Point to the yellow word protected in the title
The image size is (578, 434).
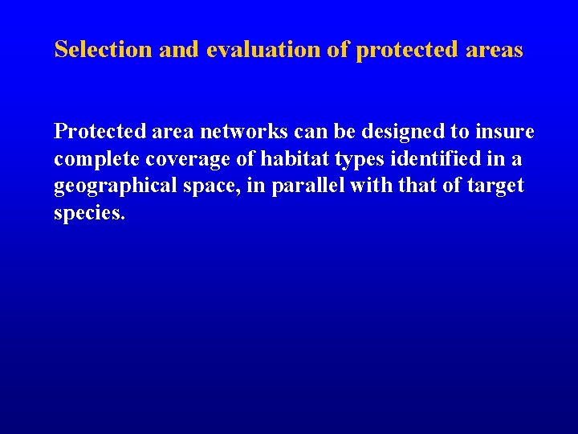click(404, 50)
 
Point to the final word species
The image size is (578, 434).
click(89, 214)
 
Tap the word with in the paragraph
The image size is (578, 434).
click(369, 186)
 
